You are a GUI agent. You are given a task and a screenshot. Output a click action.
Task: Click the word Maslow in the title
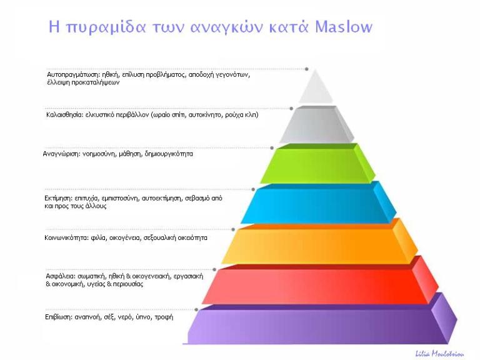(343, 27)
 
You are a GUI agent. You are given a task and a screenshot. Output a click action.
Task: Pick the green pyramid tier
(316, 165)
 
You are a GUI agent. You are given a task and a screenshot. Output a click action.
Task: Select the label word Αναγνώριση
(61, 154)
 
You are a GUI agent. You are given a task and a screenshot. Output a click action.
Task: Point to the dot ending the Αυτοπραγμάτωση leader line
(307, 69)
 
